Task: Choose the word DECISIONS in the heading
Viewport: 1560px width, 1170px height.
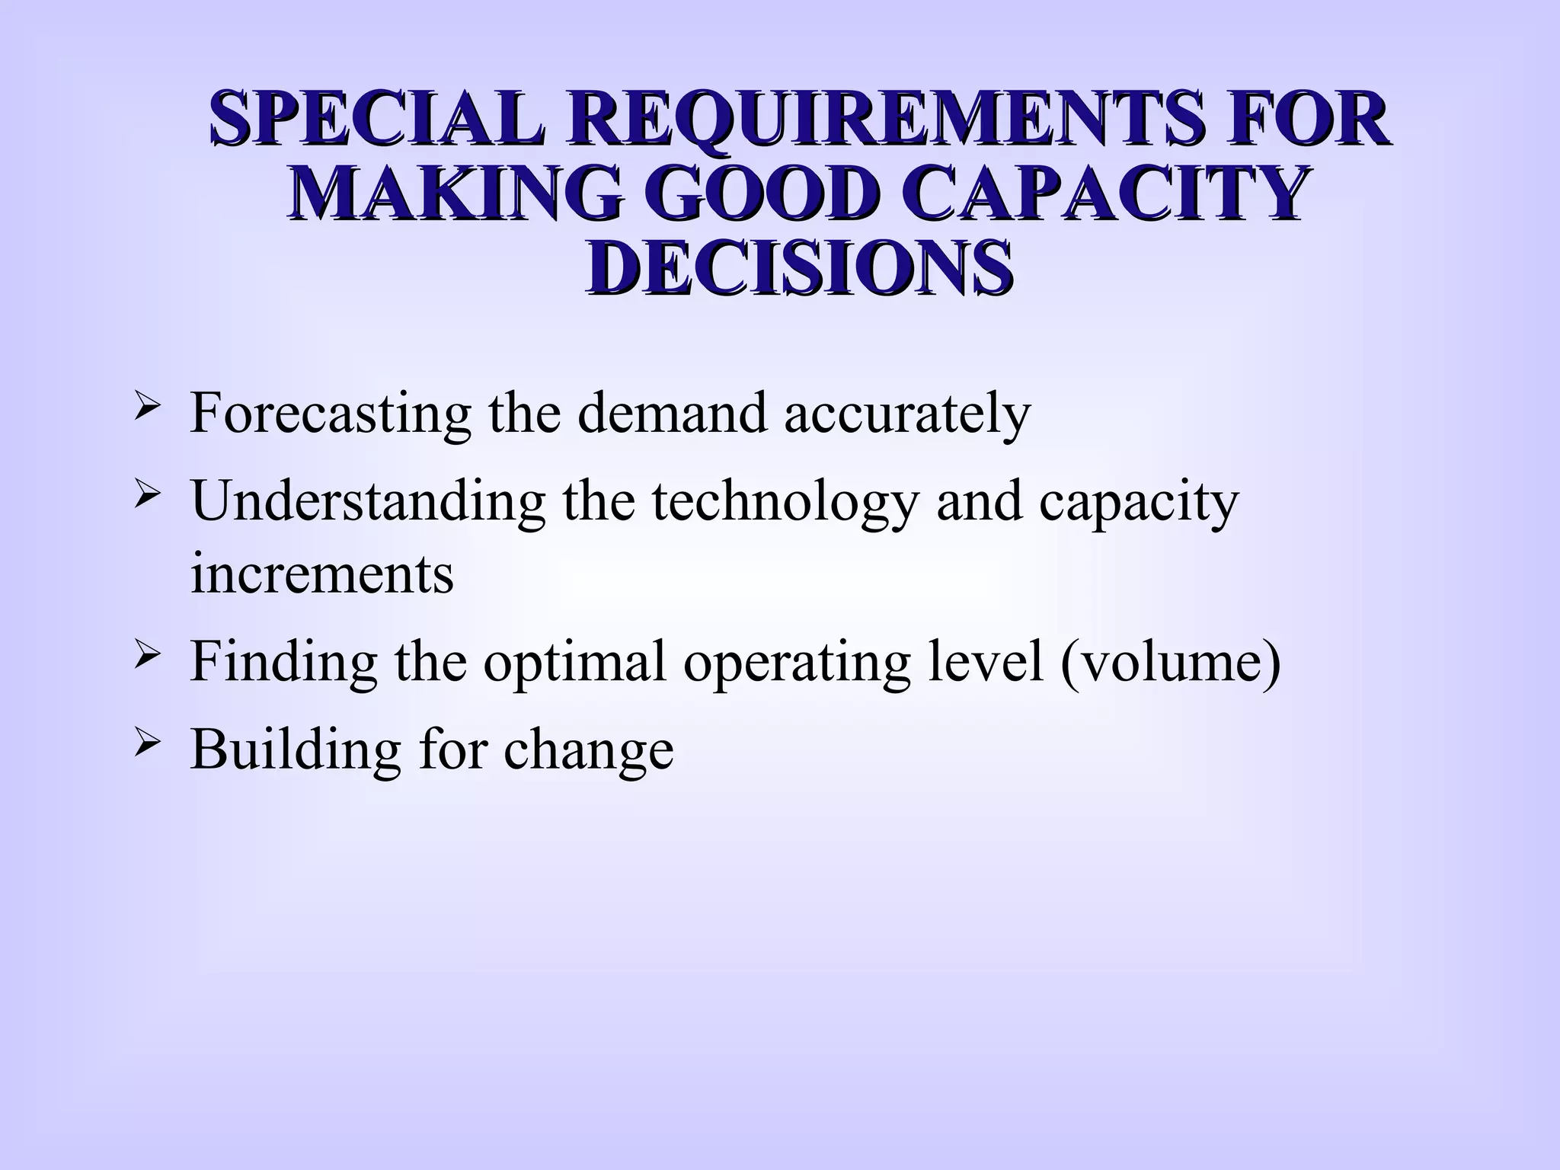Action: pyautogui.click(x=799, y=268)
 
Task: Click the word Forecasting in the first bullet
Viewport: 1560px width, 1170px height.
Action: pyautogui.click(x=331, y=413)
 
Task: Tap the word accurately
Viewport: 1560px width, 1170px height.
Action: pyautogui.click(x=906, y=413)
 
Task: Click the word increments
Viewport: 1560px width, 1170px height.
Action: pyautogui.click(x=321, y=573)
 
